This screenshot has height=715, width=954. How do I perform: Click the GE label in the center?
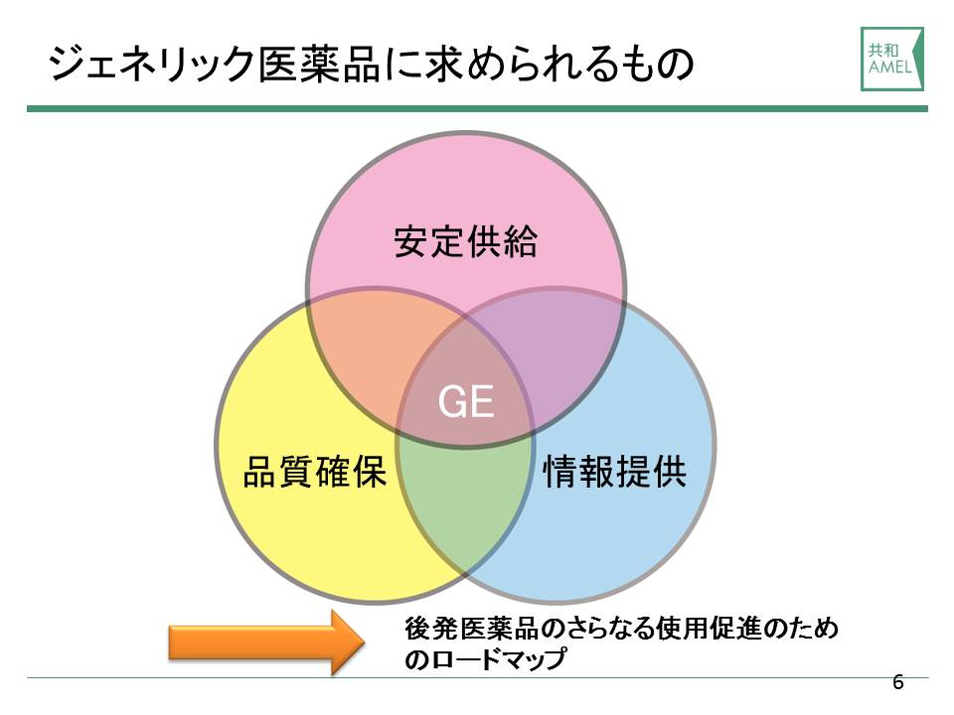click(x=465, y=401)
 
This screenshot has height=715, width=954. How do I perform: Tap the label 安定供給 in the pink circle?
click(x=465, y=241)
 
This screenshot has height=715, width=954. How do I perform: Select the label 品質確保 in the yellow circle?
click(x=315, y=471)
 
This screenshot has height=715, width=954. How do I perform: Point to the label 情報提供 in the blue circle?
click(x=614, y=471)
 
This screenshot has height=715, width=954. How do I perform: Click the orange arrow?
click(x=266, y=643)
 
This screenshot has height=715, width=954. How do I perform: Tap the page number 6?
click(x=898, y=682)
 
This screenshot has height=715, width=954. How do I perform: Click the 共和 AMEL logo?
click(x=892, y=59)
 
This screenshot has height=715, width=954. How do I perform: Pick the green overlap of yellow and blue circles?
click(x=465, y=504)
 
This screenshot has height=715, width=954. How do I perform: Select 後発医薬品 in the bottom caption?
click(x=472, y=629)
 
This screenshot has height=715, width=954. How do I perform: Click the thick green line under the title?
click(x=478, y=109)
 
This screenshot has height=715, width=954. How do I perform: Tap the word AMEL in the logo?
click(x=889, y=67)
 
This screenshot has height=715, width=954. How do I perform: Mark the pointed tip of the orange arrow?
click(x=365, y=643)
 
